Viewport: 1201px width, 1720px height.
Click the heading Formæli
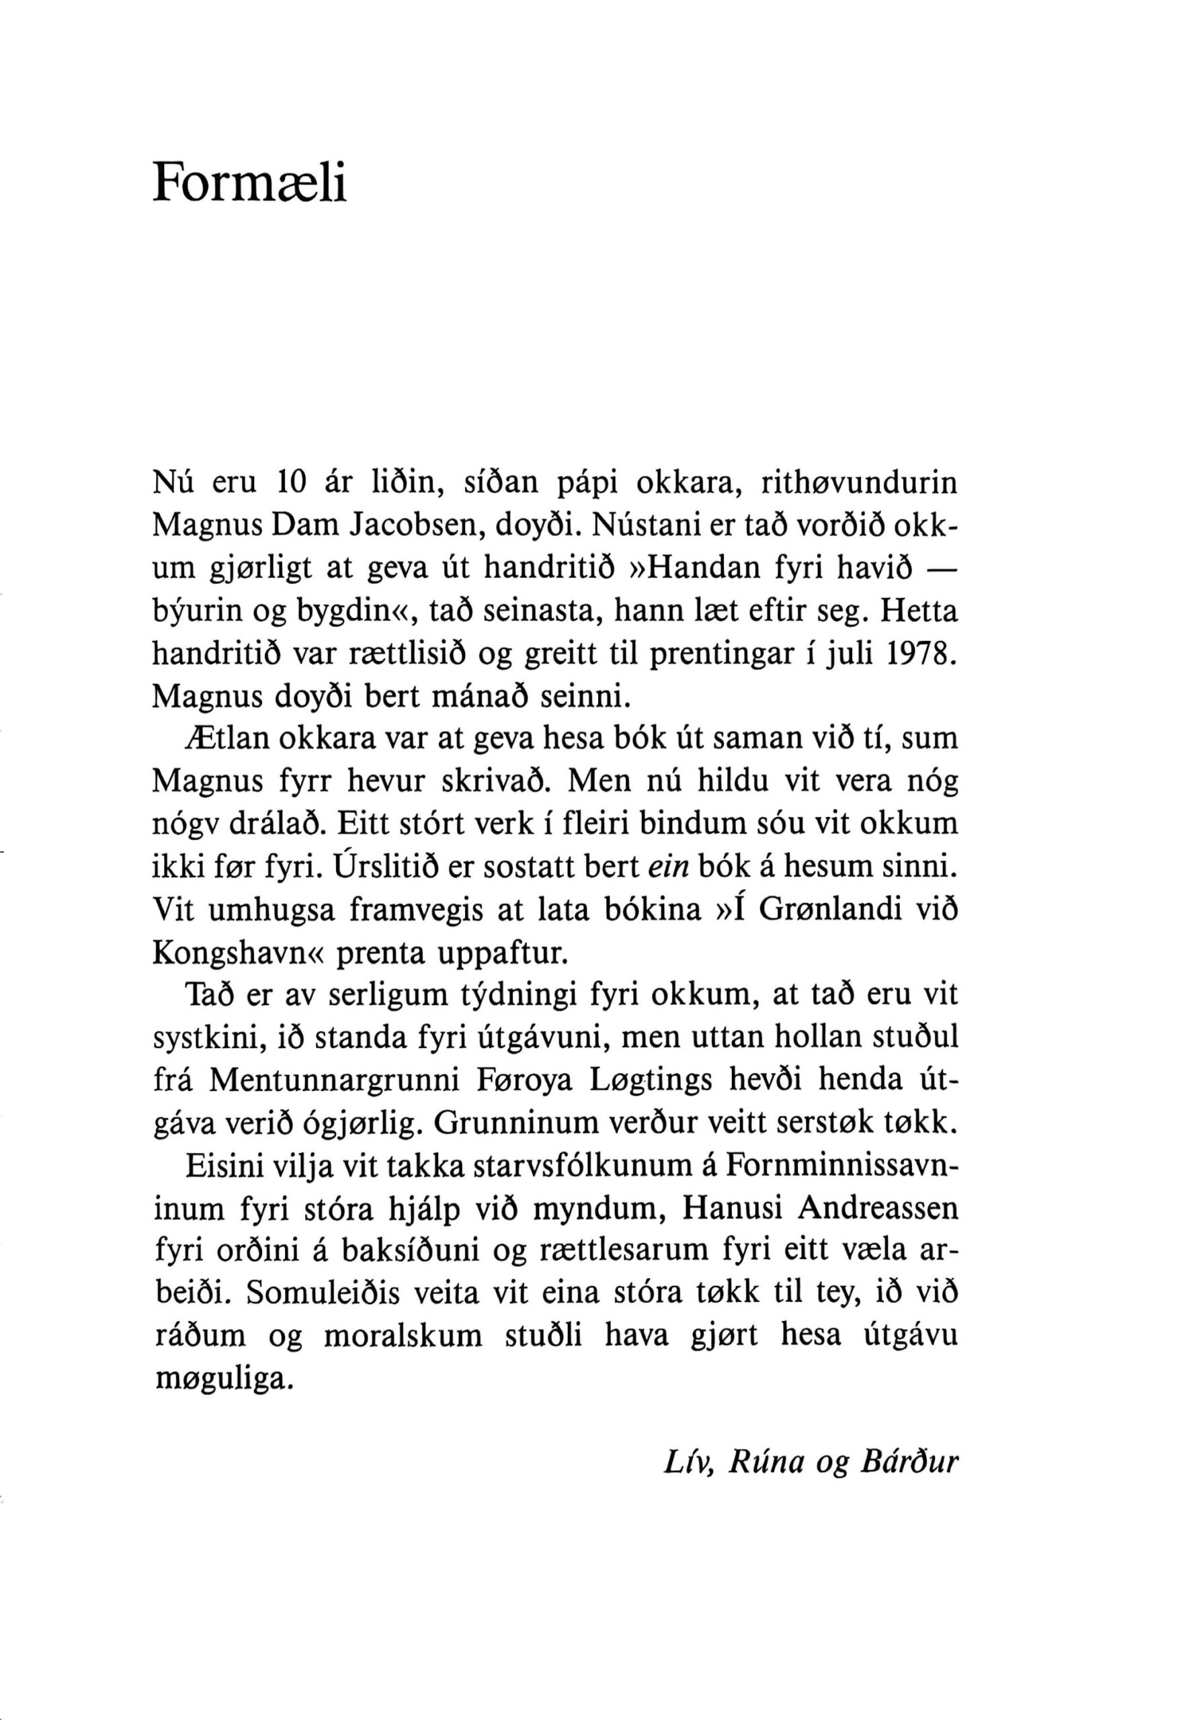pos(250,182)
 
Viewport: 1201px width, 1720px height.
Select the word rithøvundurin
pos(860,483)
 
